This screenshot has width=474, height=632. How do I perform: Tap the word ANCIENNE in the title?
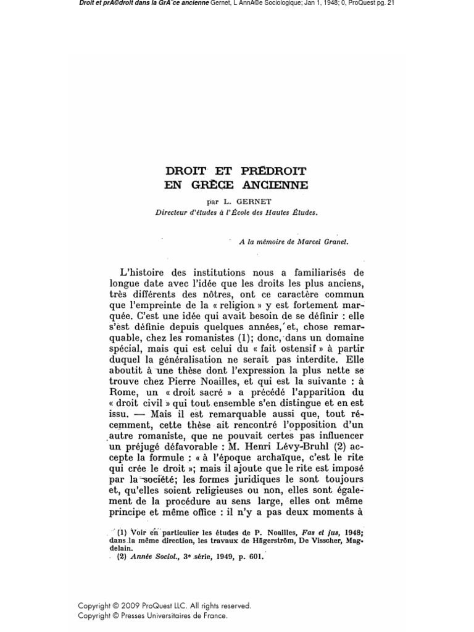pyautogui.click(x=276, y=185)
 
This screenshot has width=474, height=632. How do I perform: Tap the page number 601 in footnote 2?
pyautogui.click(x=255, y=556)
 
